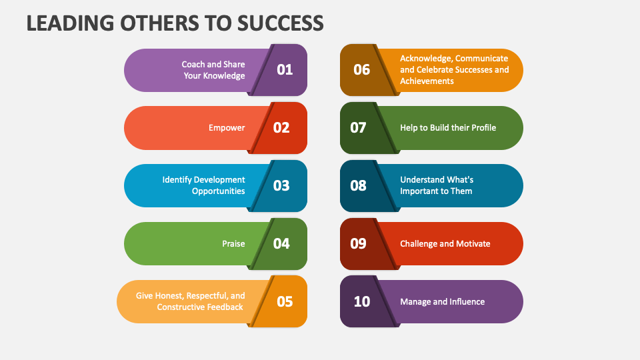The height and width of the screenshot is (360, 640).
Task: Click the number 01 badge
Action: click(285, 69)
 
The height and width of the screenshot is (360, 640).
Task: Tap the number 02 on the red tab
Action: click(281, 127)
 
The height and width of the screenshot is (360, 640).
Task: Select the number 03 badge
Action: click(281, 185)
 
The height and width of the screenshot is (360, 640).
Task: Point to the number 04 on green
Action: click(281, 243)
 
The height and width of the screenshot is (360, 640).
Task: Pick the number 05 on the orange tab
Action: click(285, 301)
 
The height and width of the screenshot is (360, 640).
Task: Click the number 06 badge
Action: click(361, 69)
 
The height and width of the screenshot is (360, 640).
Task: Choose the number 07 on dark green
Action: click(358, 127)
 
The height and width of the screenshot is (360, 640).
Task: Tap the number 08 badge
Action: click(358, 185)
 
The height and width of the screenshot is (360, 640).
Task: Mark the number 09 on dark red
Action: click(358, 243)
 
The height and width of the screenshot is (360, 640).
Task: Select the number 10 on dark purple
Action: click(361, 301)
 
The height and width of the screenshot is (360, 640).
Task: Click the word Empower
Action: click(227, 127)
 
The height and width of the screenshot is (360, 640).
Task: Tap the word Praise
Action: click(233, 243)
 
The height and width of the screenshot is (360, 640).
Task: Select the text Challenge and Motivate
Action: click(445, 243)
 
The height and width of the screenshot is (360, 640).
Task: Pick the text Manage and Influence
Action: click(442, 301)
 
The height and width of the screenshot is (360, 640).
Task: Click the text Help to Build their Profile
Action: click(448, 127)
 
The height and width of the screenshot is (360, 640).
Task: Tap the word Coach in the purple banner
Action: click(193, 64)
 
